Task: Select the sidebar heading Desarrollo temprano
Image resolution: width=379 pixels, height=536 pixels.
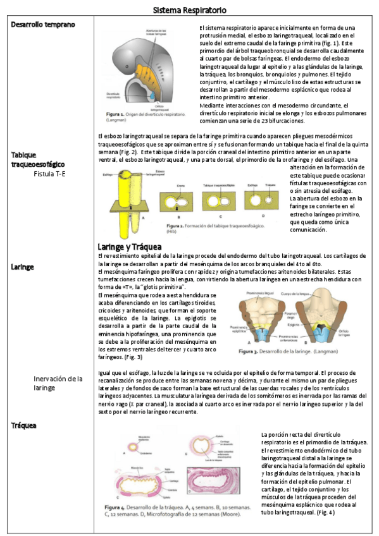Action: (43, 25)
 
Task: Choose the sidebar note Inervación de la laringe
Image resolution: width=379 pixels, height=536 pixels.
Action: (58, 383)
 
